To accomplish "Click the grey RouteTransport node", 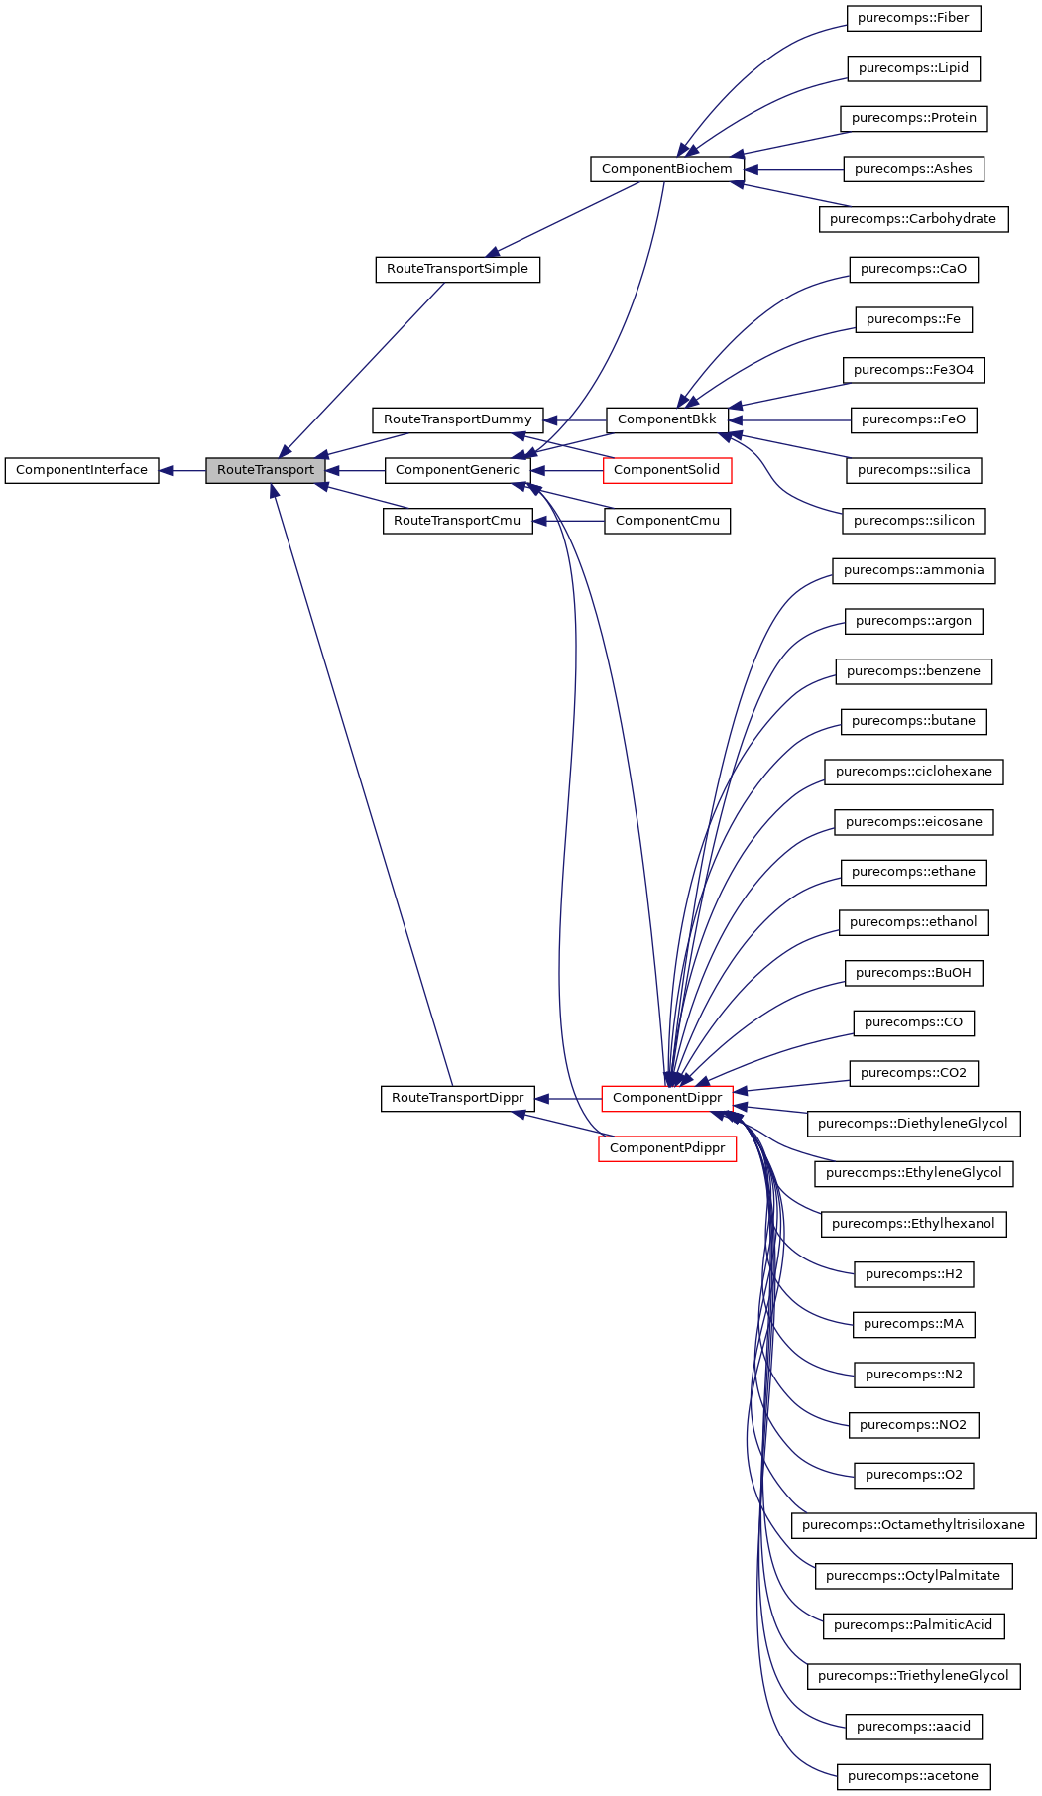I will [x=265, y=470].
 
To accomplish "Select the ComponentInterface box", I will [x=81, y=470].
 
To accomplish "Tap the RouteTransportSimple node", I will [x=457, y=269].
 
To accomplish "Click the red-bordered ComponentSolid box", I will [x=666, y=470].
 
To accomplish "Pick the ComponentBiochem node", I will [x=666, y=169].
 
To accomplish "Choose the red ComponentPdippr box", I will [x=666, y=1148].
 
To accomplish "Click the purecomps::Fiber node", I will [x=913, y=18].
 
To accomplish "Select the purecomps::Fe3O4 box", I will [x=913, y=370].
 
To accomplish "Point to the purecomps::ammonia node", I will [x=913, y=570].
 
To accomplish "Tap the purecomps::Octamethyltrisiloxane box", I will [x=913, y=1525].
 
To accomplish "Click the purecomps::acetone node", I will [x=913, y=1776].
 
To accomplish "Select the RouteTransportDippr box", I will [x=457, y=1098].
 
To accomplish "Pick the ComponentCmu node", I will [x=666, y=521].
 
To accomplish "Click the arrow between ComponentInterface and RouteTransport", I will [x=182, y=470].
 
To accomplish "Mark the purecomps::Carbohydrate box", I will [x=913, y=219].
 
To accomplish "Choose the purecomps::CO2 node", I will [x=913, y=1073].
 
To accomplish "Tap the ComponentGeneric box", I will [x=457, y=470].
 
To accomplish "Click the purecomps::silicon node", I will [x=913, y=521].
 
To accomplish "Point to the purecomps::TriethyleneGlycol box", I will [x=913, y=1676].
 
